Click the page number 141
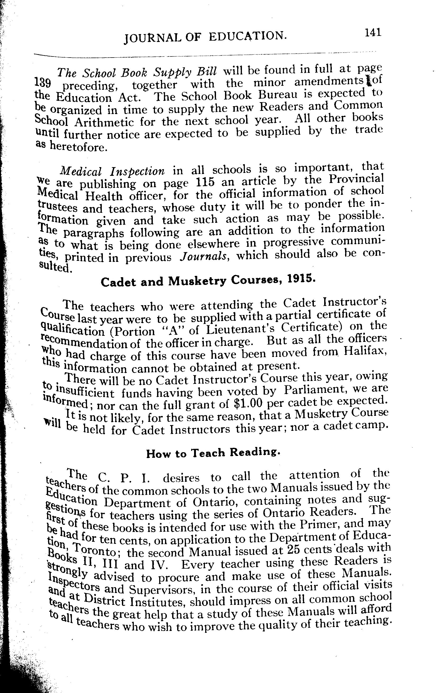point(373,32)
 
